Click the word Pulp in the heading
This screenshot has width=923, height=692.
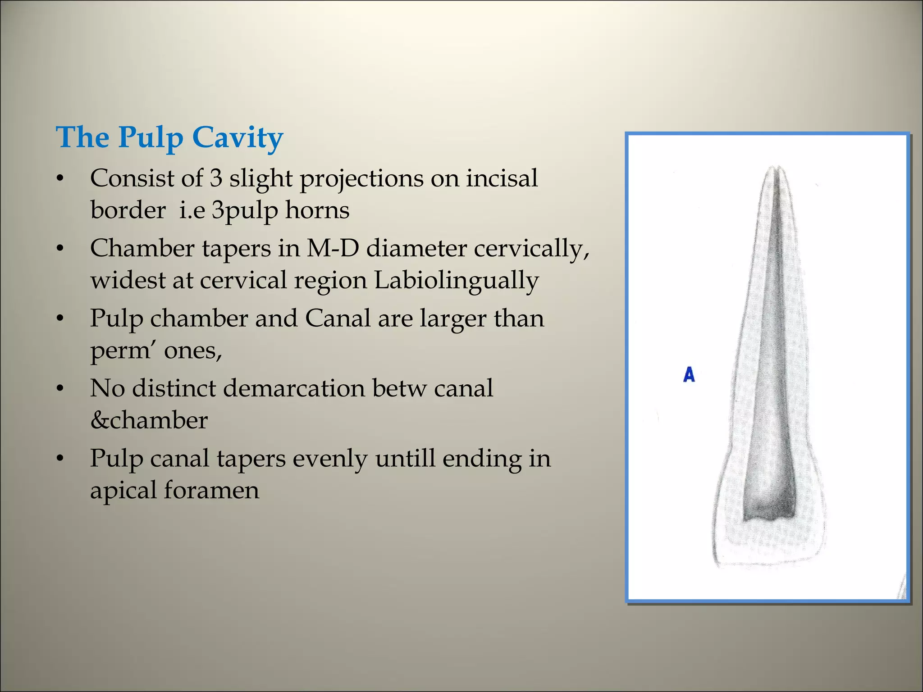click(x=151, y=137)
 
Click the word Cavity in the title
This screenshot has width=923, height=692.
click(x=238, y=137)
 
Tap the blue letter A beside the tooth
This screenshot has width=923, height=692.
click(x=689, y=375)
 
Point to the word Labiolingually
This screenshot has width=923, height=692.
click(x=456, y=280)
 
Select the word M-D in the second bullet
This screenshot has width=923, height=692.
click(x=333, y=248)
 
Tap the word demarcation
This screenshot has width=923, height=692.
click(x=294, y=388)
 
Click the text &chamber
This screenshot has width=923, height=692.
click(x=149, y=420)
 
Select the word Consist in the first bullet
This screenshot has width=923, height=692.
click(x=132, y=178)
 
